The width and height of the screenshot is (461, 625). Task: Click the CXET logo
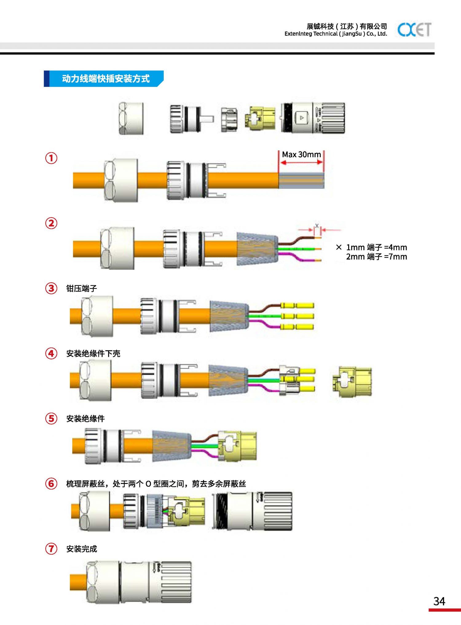pyautogui.click(x=414, y=29)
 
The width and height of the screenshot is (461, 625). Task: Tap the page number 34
pyautogui.click(x=439, y=601)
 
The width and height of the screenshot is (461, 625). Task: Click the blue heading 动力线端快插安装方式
pyautogui.click(x=106, y=79)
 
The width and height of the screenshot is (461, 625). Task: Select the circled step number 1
pyautogui.click(x=51, y=158)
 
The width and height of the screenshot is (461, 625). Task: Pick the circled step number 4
pyautogui.click(x=51, y=354)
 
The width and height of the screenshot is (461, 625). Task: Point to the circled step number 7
pyautogui.click(x=51, y=549)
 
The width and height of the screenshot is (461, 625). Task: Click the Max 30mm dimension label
pyautogui.click(x=301, y=154)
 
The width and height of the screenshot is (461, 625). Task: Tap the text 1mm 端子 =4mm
pyautogui.click(x=376, y=247)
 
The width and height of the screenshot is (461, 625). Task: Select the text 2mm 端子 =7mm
pyautogui.click(x=376, y=257)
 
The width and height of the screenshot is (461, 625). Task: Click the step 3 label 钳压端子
pyautogui.click(x=81, y=288)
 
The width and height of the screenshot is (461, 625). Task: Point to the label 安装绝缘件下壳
pyautogui.click(x=93, y=354)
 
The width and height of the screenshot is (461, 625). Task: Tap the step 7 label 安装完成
pyautogui.click(x=81, y=549)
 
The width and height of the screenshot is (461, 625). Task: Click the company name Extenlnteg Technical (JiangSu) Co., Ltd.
pyautogui.click(x=336, y=34)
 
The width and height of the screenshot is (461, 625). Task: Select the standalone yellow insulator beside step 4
pyautogui.click(x=352, y=381)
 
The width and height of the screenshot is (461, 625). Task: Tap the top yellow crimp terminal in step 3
pyautogui.click(x=297, y=305)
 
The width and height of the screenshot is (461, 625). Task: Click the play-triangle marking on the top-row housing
pyautogui.click(x=302, y=118)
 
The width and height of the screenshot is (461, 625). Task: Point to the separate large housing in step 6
pyautogui.click(x=252, y=511)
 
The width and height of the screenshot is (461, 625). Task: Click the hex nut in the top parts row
pyautogui.click(x=131, y=118)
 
